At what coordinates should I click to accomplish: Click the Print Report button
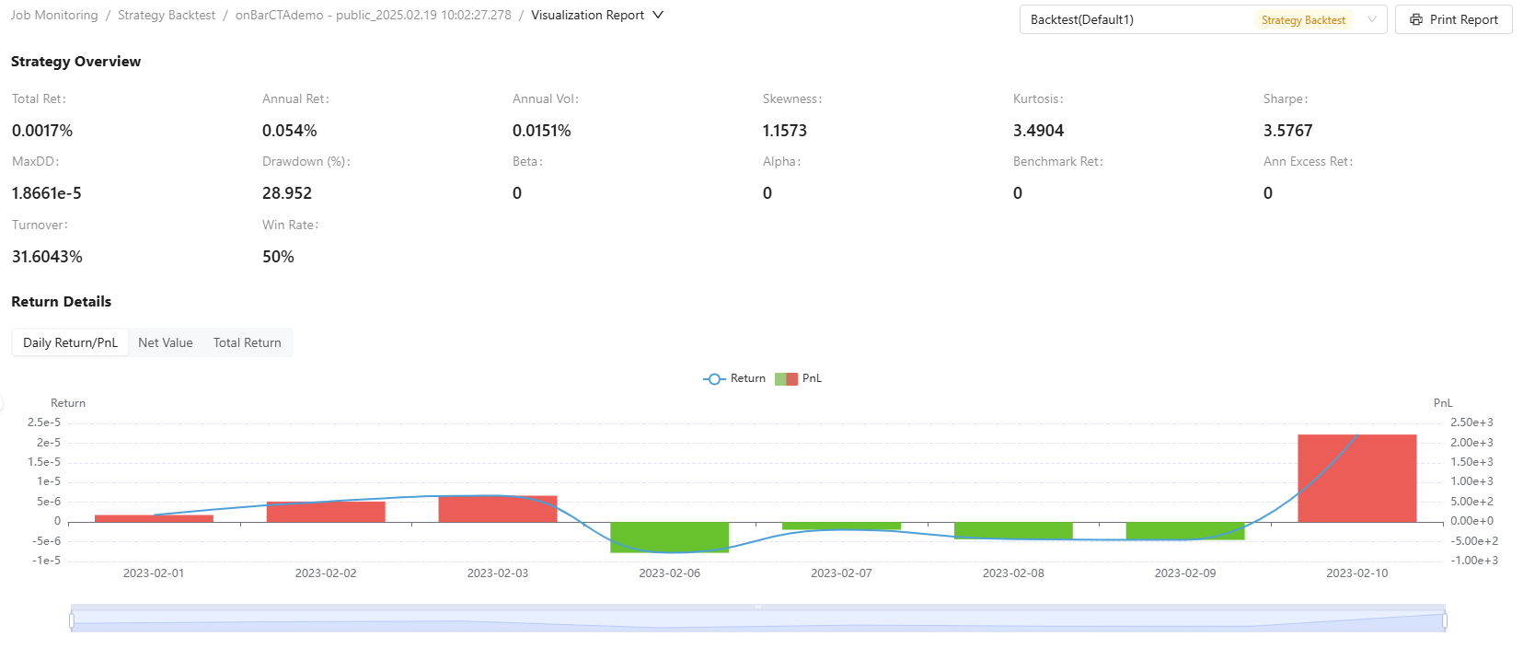(1454, 19)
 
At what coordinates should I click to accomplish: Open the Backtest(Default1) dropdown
(1203, 19)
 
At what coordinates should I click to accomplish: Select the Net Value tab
(166, 342)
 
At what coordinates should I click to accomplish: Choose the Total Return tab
(248, 342)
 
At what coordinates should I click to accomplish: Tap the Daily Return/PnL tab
(70, 342)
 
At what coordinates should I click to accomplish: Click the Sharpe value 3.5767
(1287, 131)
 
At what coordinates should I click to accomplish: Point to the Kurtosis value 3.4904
(1038, 131)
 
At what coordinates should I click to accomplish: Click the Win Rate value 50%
(278, 256)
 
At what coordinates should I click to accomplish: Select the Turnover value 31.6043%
(47, 256)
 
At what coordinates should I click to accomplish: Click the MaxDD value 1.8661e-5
(46, 193)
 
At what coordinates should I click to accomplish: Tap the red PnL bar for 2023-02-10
(1357, 478)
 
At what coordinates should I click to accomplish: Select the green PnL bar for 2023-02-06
(670, 538)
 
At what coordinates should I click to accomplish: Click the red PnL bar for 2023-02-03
(498, 509)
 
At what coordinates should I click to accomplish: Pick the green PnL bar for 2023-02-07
(842, 526)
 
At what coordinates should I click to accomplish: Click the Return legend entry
(734, 378)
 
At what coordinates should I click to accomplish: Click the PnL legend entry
(799, 378)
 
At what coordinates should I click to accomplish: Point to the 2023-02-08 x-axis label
(1013, 573)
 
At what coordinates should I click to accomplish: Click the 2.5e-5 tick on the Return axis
(44, 422)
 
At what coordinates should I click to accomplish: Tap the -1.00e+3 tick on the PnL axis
(1474, 561)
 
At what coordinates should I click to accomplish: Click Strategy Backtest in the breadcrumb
(167, 15)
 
